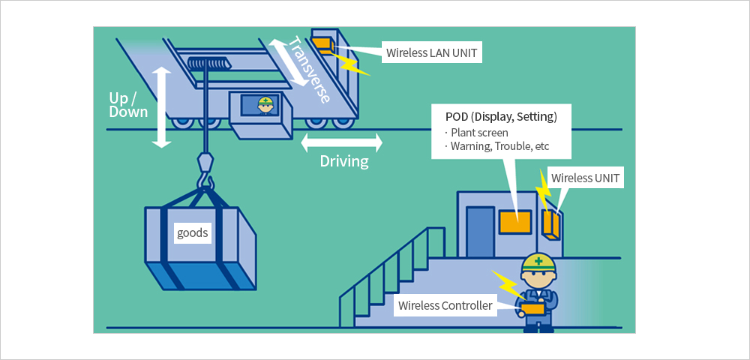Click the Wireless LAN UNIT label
click(x=431, y=53)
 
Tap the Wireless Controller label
click(x=445, y=305)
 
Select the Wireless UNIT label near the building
click(x=585, y=178)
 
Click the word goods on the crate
click(x=192, y=233)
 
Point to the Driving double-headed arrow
click(x=341, y=142)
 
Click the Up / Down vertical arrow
click(x=162, y=107)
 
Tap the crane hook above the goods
click(x=205, y=172)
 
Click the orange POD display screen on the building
click(x=515, y=222)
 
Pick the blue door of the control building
click(x=480, y=232)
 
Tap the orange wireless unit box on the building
click(x=551, y=223)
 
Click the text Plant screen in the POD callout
click(x=479, y=133)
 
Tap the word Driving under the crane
click(x=344, y=161)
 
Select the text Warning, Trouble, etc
click(x=499, y=146)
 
